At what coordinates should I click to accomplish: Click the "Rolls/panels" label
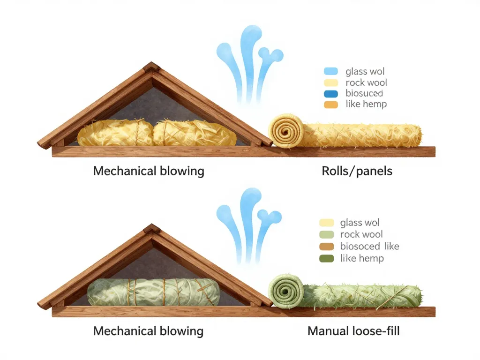[x=357, y=171]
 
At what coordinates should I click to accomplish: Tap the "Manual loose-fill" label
[x=353, y=331]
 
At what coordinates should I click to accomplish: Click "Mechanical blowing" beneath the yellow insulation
[x=149, y=171]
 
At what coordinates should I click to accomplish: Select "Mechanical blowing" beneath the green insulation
[x=148, y=331]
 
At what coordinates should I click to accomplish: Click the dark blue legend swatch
[x=330, y=93]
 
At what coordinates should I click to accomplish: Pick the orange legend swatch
[x=330, y=105]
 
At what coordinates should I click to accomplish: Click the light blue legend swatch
[x=330, y=72]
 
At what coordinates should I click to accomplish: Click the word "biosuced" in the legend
[x=364, y=93]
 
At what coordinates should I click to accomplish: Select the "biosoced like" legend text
[x=369, y=247]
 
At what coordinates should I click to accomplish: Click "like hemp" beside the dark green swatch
[x=362, y=258]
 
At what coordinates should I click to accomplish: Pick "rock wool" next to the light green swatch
[x=361, y=234]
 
